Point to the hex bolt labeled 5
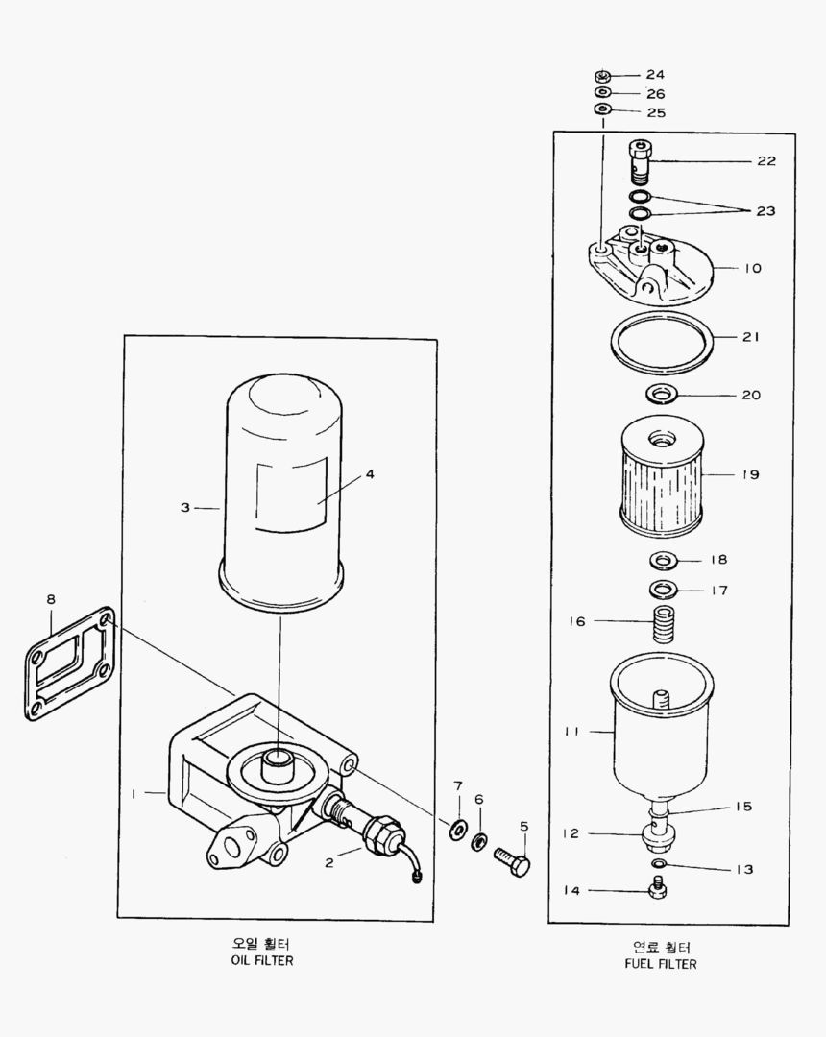(512, 860)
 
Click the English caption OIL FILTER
(262, 960)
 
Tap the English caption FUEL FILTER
(660, 963)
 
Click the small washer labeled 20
(660, 393)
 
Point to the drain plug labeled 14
(658, 891)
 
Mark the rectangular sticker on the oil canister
(292, 494)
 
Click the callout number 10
(752, 268)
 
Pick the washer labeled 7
(457, 827)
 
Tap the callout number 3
(185, 507)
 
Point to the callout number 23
(765, 211)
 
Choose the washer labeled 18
(661, 559)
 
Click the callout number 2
(328, 862)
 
